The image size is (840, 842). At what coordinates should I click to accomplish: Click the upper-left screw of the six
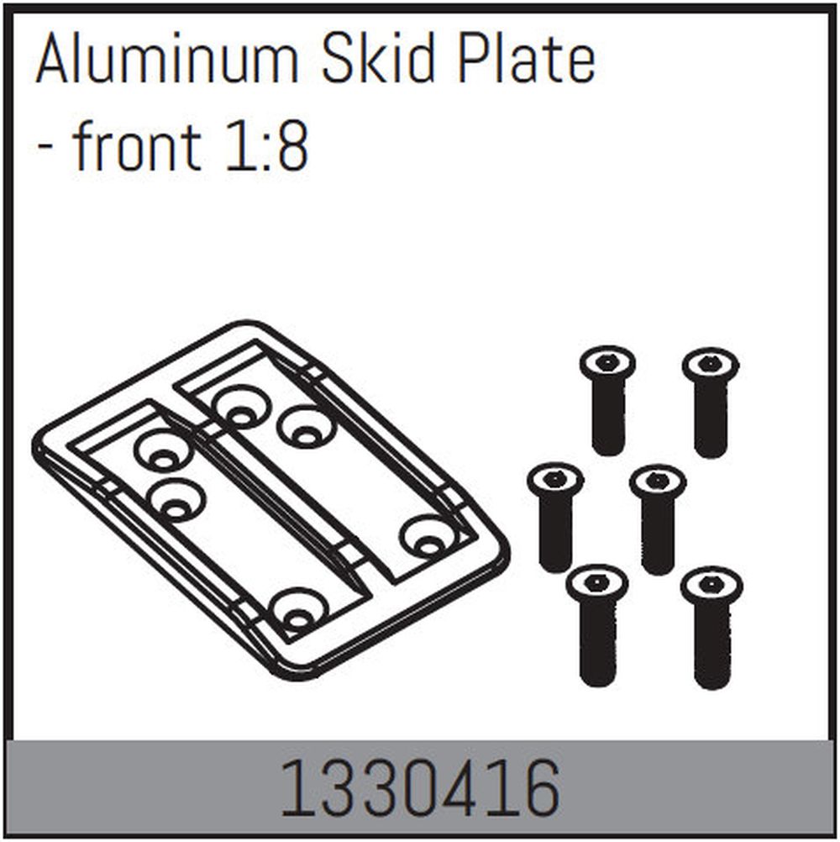607,398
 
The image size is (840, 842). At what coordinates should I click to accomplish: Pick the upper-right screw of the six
710,402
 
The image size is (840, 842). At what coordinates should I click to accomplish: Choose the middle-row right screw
658,518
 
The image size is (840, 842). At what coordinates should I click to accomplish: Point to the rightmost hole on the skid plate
428,538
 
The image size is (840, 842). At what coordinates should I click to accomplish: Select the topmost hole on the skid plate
240,407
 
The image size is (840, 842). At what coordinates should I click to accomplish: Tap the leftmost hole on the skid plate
163,450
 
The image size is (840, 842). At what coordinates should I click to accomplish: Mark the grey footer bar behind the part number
126,790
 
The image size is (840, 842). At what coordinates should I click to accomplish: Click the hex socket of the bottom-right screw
711,584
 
